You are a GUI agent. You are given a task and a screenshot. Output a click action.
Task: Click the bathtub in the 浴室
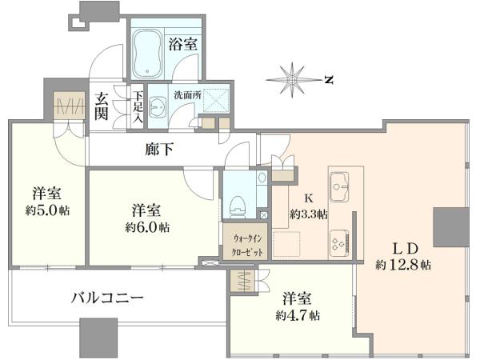[147, 54]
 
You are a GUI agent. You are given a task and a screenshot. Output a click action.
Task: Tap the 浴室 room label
[182, 45]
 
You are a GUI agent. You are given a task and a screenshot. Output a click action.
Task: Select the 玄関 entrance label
[102, 106]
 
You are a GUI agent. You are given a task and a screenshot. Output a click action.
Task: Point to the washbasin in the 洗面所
[158, 107]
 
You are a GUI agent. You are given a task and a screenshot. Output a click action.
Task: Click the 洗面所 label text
[187, 95]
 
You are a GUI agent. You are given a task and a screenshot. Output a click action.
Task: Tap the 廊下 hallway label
[159, 150]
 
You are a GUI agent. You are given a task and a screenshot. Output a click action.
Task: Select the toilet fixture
[238, 206]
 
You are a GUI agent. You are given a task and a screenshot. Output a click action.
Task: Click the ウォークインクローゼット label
[247, 245]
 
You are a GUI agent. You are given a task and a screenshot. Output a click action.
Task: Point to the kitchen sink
[339, 186]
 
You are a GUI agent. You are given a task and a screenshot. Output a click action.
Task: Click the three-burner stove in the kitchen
[340, 242]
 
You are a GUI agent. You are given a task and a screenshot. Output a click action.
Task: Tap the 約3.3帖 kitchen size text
[309, 214]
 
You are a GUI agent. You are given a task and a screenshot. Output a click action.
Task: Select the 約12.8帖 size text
[403, 265]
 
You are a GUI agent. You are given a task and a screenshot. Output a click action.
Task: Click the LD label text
[405, 249]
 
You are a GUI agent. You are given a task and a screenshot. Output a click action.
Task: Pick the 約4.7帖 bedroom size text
[298, 316]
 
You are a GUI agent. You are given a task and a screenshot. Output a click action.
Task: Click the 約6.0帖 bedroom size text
[147, 227]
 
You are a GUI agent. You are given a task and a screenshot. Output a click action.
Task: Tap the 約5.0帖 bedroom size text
[47, 210]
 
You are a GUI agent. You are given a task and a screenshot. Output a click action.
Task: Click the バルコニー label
[107, 298]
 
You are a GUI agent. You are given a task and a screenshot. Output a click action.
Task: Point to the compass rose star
[293, 80]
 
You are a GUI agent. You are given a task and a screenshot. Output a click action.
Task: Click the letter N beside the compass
[329, 80]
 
